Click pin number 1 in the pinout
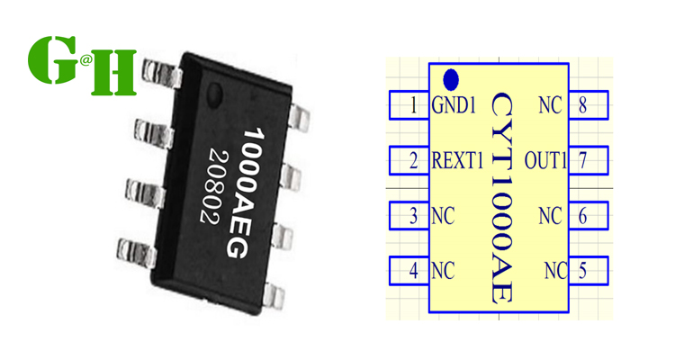413,106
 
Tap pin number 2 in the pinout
413,162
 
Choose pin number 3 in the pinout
413,216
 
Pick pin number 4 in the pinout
413,270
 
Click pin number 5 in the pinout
583,270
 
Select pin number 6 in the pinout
583,216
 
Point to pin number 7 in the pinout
583,162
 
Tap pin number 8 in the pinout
583,106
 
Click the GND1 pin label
454,106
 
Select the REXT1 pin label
458,162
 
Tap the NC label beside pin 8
550,106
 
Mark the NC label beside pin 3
443,216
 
